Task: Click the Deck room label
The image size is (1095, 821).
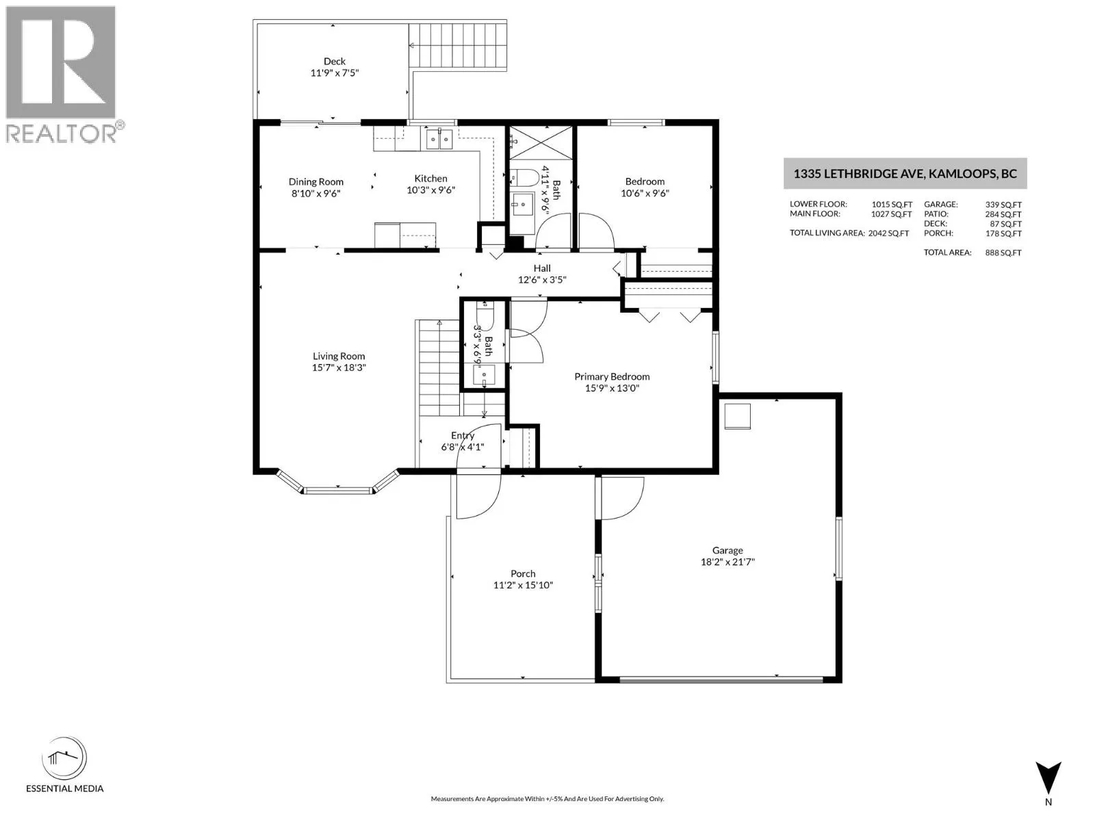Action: (x=334, y=62)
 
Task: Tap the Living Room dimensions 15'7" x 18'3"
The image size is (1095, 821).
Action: (x=339, y=368)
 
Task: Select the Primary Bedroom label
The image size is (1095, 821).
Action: (x=612, y=377)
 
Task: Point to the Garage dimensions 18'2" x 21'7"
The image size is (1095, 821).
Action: (x=727, y=562)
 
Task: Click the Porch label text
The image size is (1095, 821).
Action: (x=523, y=574)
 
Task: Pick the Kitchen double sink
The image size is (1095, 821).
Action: (x=439, y=139)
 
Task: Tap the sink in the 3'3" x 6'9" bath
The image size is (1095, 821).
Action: (x=483, y=374)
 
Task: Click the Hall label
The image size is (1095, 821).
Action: (x=542, y=268)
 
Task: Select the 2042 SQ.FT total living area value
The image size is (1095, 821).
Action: (x=888, y=233)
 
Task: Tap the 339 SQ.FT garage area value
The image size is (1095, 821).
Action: (x=1003, y=205)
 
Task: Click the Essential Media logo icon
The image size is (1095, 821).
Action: (x=64, y=758)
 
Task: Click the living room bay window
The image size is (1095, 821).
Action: (x=338, y=483)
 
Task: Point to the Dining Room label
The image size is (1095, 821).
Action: (x=315, y=182)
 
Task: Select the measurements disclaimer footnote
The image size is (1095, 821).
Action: (x=547, y=799)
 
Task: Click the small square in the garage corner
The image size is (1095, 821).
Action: (x=737, y=416)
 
